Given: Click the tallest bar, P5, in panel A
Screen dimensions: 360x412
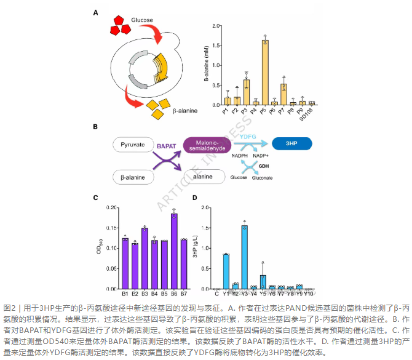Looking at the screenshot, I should point(265,73).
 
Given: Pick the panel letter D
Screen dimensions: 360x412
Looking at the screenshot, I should point(194,198).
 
